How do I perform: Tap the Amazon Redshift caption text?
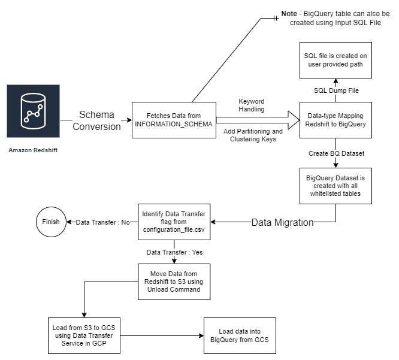(34, 149)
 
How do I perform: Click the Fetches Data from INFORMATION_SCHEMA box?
(174, 120)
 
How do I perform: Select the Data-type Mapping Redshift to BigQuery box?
(335, 120)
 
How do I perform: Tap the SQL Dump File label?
(335, 90)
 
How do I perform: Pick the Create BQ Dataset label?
(335, 153)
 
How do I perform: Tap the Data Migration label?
(282, 222)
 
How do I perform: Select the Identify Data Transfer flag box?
(174, 222)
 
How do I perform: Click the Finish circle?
(51, 222)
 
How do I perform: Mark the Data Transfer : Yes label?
(174, 252)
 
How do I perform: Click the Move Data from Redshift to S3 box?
(174, 281)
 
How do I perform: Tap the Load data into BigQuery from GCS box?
(240, 336)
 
